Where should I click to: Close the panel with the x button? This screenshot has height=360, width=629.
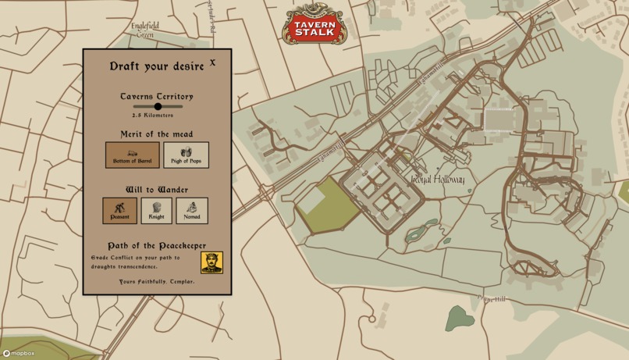(212, 62)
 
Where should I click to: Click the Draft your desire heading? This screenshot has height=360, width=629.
(157, 66)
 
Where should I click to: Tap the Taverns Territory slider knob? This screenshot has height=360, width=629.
(158, 106)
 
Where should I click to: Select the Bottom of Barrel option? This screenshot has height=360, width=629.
(133, 155)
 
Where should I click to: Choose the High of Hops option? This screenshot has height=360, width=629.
(186, 155)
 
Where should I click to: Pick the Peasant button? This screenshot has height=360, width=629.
(119, 211)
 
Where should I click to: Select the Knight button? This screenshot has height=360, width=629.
(156, 211)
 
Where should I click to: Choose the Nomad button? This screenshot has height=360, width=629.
(192, 211)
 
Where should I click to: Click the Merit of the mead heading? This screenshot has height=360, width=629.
(157, 134)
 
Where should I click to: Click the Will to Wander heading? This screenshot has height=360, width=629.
(157, 190)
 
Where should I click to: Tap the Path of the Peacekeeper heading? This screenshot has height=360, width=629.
(157, 245)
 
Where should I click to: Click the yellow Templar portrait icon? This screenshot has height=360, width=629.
(211, 262)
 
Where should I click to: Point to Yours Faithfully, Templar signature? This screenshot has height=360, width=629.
(157, 281)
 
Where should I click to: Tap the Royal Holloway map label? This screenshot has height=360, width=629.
(438, 180)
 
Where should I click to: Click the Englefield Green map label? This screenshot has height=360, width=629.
(145, 30)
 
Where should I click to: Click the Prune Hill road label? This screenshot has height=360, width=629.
(492, 299)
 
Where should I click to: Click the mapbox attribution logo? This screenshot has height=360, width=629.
(18, 354)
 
